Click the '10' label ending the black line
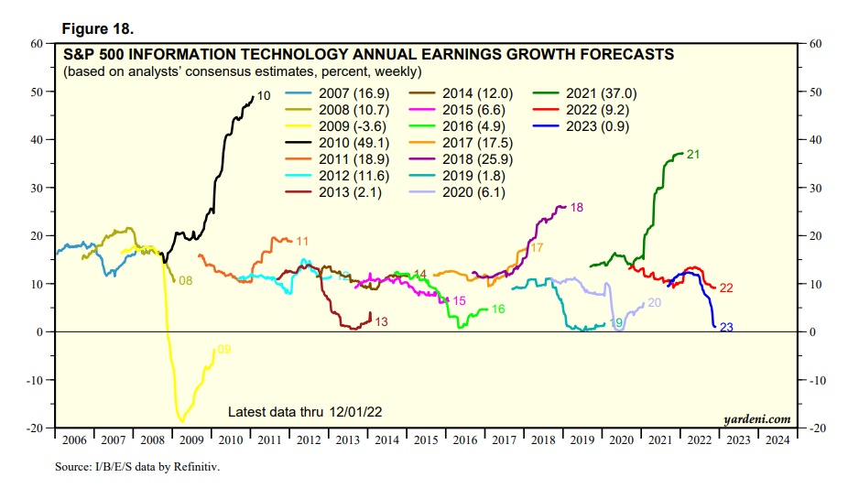[x=264, y=95]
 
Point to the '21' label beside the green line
[x=693, y=155]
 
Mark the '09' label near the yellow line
[x=224, y=349]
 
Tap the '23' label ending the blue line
[x=727, y=328]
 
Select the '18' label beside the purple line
[x=576, y=208]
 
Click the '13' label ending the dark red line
[x=381, y=322]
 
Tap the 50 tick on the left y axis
[x=38, y=92]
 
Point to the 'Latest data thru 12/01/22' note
[x=310, y=411]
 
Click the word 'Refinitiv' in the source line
[x=196, y=467]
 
